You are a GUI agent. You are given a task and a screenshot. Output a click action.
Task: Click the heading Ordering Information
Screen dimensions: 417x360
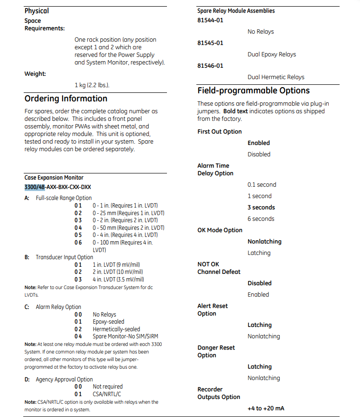click(x=66, y=99)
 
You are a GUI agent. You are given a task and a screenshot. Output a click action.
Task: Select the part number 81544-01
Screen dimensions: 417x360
click(x=210, y=20)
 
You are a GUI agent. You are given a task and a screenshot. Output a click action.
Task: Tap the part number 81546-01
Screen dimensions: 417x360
click(x=210, y=66)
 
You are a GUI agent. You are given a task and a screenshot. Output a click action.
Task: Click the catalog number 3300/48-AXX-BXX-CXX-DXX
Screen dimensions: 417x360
click(x=58, y=187)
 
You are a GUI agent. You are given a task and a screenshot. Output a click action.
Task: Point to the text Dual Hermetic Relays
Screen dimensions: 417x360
click(x=276, y=77)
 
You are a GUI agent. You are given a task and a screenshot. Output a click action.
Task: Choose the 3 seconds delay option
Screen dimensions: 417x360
click(x=261, y=208)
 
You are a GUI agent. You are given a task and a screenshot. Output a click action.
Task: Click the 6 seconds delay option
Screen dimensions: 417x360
click(x=261, y=219)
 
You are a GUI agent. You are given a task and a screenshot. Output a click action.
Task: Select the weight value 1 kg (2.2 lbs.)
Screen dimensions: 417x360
click(x=95, y=85)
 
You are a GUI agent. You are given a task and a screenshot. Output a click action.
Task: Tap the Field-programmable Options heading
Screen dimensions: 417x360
click(x=253, y=91)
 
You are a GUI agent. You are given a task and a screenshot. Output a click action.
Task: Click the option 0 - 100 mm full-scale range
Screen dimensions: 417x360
click(x=122, y=243)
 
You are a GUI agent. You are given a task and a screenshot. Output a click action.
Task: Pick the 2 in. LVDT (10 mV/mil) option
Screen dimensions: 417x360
click(x=118, y=272)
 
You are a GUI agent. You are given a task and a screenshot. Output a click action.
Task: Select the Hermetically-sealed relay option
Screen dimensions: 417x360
click(x=116, y=329)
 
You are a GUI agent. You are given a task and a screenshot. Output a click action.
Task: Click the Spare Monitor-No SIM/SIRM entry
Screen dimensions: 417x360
click(x=126, y=336)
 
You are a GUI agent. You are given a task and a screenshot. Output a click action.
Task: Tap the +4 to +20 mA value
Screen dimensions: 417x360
click(x=266, y=408)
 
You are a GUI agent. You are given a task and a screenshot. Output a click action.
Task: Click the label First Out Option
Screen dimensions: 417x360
click(x=220, y=132)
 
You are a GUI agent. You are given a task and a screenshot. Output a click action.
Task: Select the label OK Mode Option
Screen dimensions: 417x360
click(x=220, y=230)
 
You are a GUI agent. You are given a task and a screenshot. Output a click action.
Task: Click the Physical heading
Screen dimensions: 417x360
click(x=37, y=10)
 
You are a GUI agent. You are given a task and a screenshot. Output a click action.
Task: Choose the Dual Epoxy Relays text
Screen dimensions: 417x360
click(x=271, y=54)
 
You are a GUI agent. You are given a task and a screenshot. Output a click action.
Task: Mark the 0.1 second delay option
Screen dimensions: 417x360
click(x=262, y=185)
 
